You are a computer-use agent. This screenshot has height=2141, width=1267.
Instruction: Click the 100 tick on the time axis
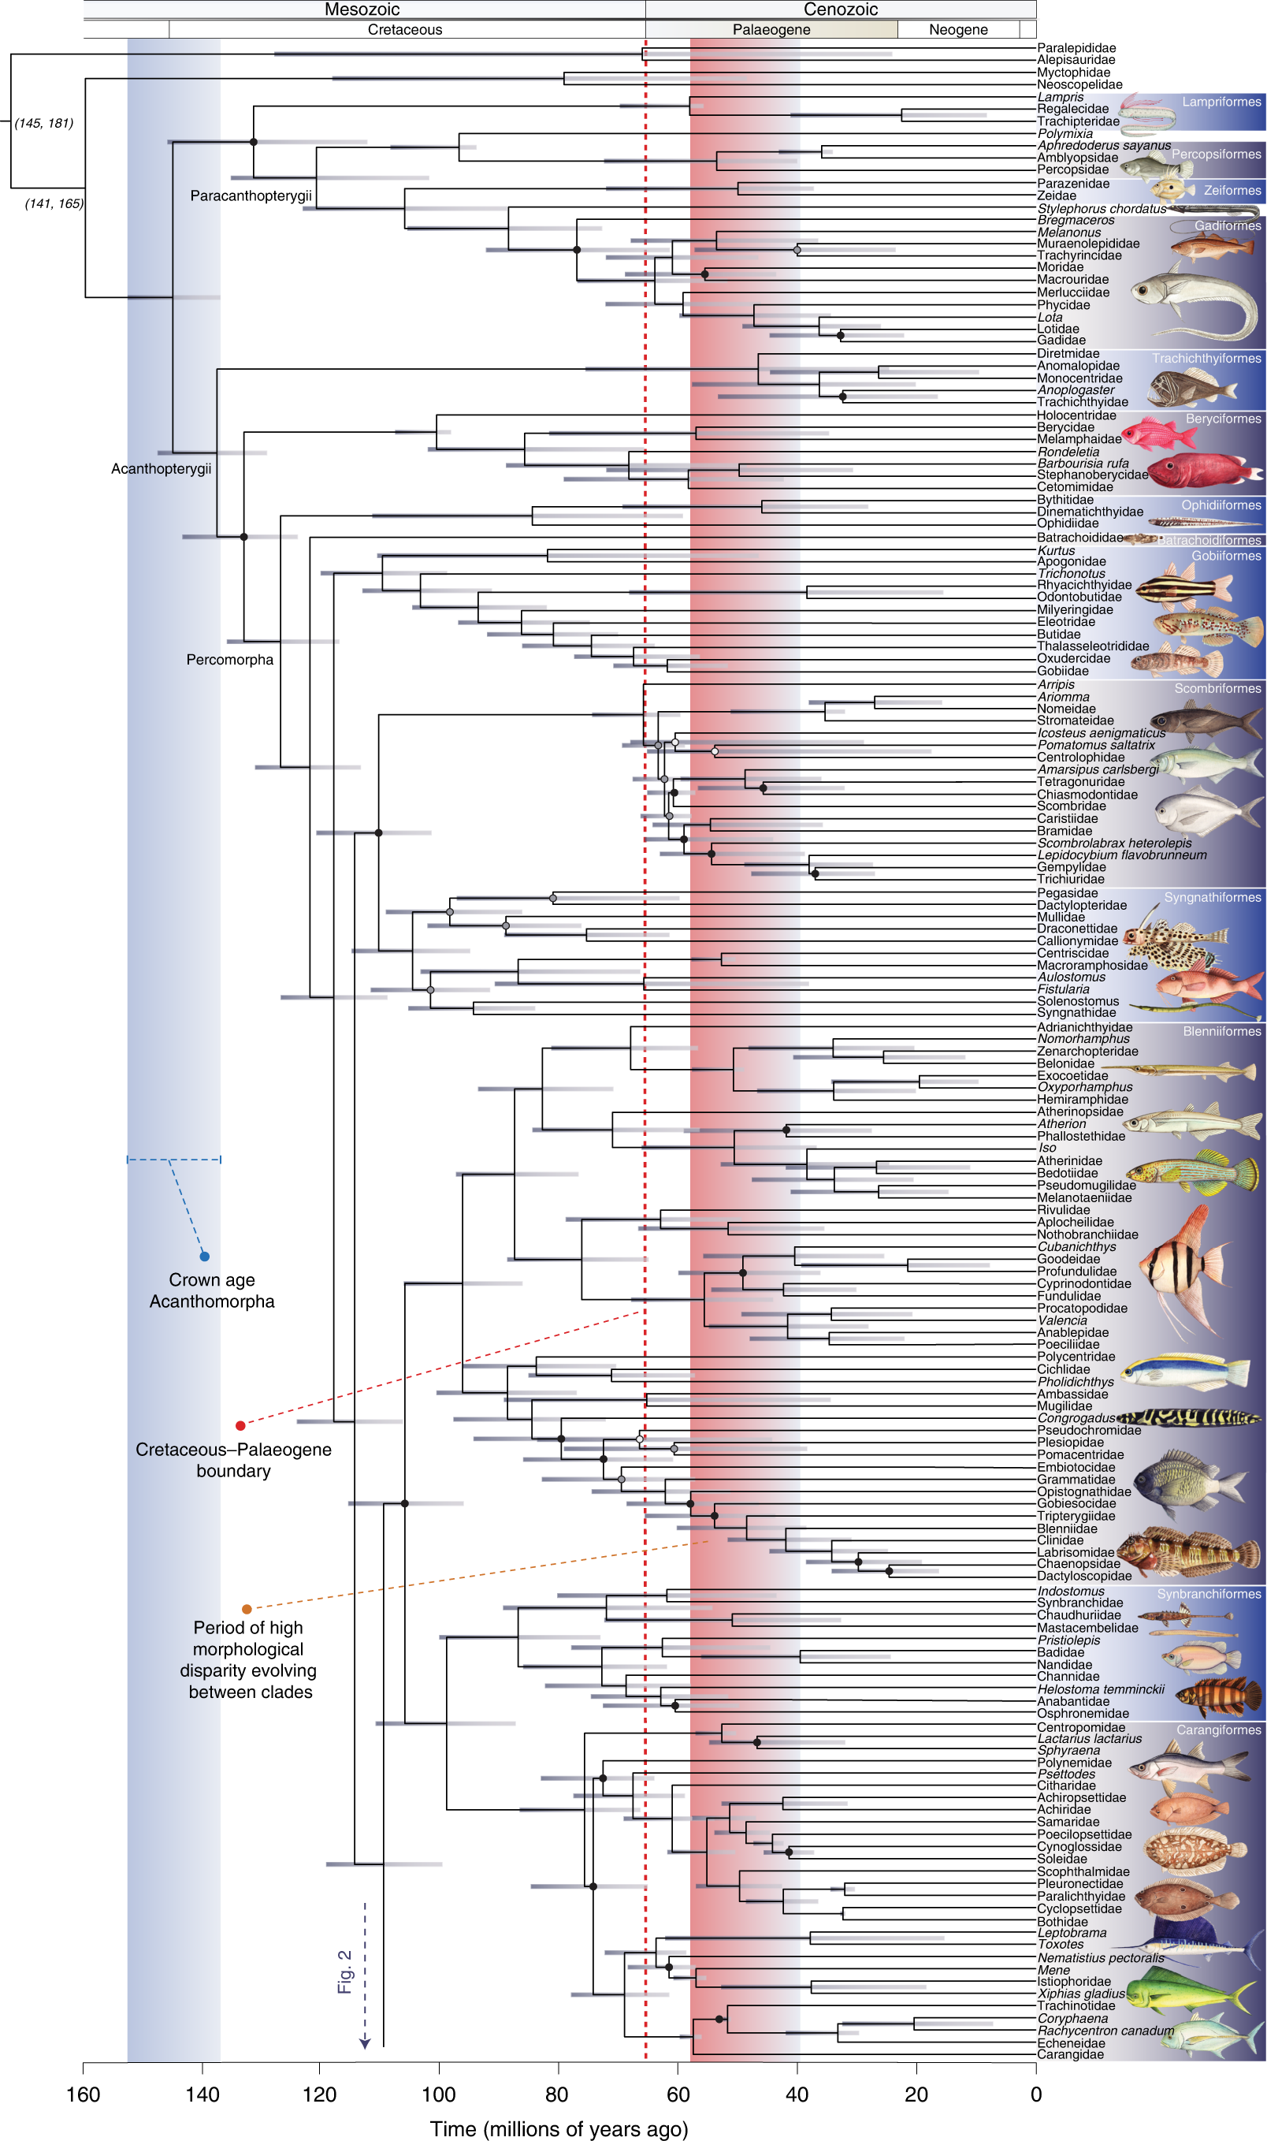tap(439, 2094)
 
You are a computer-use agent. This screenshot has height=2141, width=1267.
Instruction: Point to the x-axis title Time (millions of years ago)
tap(559, 2129)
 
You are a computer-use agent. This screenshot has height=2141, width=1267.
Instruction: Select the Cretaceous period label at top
tap(405, 30)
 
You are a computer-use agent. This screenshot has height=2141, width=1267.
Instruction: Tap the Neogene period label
tap(958, 30)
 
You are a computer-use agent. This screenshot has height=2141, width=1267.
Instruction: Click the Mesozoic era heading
tap(362, 9)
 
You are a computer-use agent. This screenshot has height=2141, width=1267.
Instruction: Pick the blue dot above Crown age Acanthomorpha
tap(204, 1257)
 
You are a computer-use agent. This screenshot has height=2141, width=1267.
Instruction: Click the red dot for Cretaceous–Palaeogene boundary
tap(241, 1425)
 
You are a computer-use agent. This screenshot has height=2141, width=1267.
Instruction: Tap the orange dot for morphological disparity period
tap(247, 1609)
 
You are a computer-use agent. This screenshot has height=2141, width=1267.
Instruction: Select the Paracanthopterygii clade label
tap(251, 195)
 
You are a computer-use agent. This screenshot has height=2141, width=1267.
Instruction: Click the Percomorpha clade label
tap(229, 659)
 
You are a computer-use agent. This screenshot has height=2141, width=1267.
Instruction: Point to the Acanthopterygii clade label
tap(162, 469)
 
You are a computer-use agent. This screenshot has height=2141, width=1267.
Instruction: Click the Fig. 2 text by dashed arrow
tap(345, 1972)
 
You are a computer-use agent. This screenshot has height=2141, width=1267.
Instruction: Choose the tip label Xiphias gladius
tap(1081, 1994)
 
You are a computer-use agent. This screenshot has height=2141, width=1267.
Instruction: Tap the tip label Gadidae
tap(1061, 340)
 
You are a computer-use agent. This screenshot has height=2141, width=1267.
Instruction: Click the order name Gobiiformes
tap(1226, 556)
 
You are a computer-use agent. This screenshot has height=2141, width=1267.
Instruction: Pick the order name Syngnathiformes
tap(1213, 898)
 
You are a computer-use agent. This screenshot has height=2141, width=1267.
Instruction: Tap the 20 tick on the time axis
tap(916, 2094)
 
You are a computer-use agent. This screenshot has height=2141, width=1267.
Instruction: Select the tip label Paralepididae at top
tap(1076, 48)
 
